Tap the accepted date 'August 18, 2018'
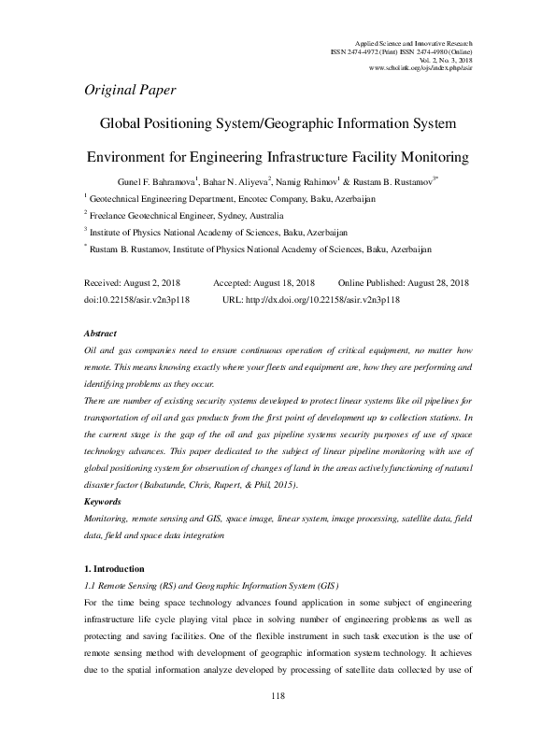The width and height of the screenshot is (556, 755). coord(281,282)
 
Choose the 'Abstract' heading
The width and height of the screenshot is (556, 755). coord(100,333)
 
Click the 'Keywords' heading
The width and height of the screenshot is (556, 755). coord(104,503)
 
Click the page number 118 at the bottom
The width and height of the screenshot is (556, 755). coord(277,722)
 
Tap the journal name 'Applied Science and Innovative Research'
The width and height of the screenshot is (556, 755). coord(416,43)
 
